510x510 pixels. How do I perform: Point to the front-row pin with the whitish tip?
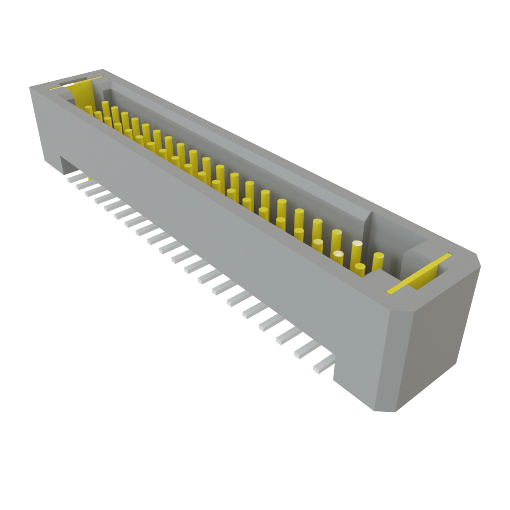(338, 259)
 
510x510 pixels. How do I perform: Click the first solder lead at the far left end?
(73, 177)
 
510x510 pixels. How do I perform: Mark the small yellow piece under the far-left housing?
(89, 178)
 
